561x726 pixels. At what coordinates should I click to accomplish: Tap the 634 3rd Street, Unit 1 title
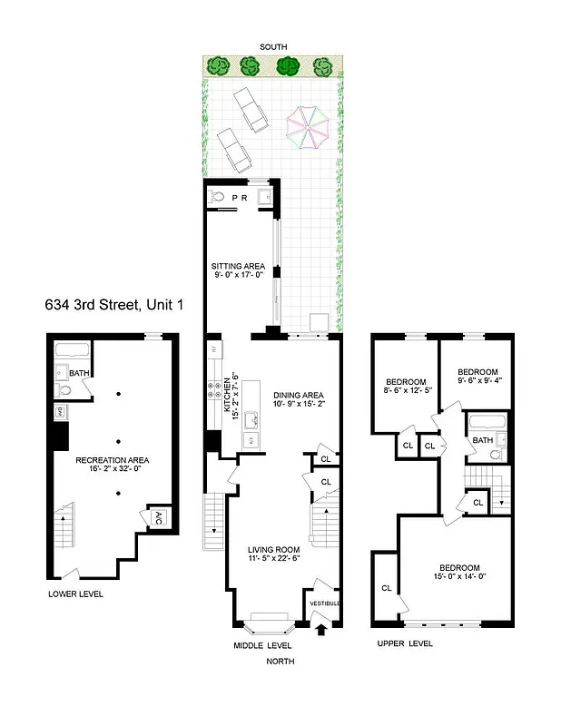pyautogui.click(x=113, y=306)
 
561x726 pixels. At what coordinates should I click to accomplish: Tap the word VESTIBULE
pyautogui.click(x=324, y=603)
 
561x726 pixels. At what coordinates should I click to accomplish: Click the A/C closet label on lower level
pyautogui.click(x=157, y=518)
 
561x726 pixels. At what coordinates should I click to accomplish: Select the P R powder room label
pyautogui.click(x=240, y=197)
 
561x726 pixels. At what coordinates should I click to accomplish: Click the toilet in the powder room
pyautogui.click(x=217, y=196)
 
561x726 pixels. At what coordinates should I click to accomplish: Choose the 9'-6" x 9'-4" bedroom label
pyautogui.click(x=477, y=377)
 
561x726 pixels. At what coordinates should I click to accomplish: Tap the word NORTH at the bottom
pyautogui.click(x=280, y=661)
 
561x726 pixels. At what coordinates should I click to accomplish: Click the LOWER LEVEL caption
pyautogui.click(x=76, y=594)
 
